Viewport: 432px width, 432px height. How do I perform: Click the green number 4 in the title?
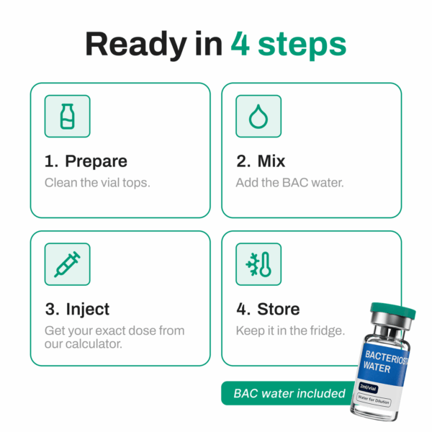[x=240, y=43]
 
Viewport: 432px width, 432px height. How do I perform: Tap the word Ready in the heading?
[x=136, y=45]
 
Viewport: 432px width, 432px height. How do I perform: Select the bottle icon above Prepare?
[x=68, y=116]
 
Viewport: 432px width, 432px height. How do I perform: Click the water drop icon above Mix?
[x=258, y=117]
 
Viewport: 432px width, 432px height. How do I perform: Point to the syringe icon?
[x=67, y=264]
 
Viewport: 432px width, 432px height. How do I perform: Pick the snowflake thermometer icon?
[x=258, y=264]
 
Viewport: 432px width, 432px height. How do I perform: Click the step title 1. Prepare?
[x=86, y=161]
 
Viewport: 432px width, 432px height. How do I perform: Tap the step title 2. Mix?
[x=261, y=161]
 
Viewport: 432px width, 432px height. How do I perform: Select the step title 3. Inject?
[x=78, y=310]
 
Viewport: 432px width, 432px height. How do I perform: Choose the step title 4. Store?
[x=268, y=309]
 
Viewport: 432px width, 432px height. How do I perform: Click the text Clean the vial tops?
[x=97, y=183]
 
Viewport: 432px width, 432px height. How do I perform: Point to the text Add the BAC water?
[x=290, y=183]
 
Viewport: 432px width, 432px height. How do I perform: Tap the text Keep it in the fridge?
[x=290, y=330]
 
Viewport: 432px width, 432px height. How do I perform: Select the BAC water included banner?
[x=289, y=393]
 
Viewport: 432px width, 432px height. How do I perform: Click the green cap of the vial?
[x=393, y=311]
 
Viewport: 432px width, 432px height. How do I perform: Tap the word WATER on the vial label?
[x=377, y=367]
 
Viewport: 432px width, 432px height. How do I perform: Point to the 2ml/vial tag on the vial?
[x=368, y=387]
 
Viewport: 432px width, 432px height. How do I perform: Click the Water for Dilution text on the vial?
[x=374, y=400]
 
